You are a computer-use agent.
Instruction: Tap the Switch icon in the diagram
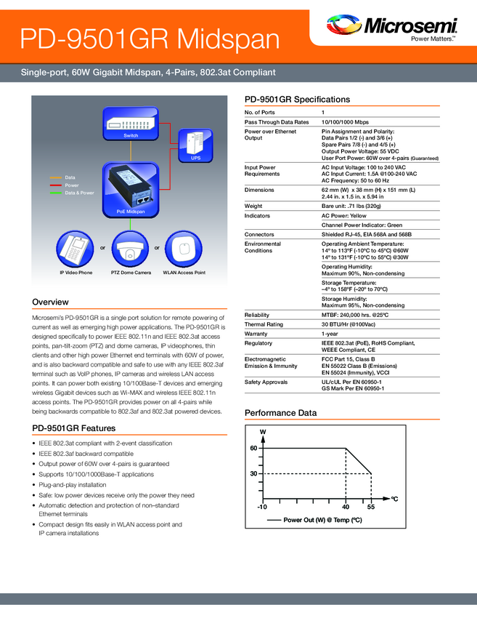(131, 124)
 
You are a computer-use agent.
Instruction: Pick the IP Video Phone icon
(76, 249)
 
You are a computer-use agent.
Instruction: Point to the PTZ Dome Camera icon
(131, 249)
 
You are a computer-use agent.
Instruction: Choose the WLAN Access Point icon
(184, 249)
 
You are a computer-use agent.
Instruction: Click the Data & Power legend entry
(79, 193)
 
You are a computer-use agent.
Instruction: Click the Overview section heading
(51, 302)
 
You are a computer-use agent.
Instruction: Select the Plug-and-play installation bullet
(73, 484)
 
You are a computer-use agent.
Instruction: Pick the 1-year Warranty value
(331, 333)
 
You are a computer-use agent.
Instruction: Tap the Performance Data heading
(280, 413)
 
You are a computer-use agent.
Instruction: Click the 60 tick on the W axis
(254, 449)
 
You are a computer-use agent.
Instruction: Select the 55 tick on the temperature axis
(370, 506)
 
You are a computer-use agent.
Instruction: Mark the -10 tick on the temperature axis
(263, 506)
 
